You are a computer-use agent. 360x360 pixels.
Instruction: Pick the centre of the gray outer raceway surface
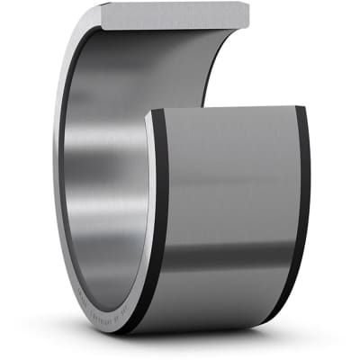[229, 198]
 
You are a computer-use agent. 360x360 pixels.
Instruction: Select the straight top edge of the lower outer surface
[225, 108]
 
